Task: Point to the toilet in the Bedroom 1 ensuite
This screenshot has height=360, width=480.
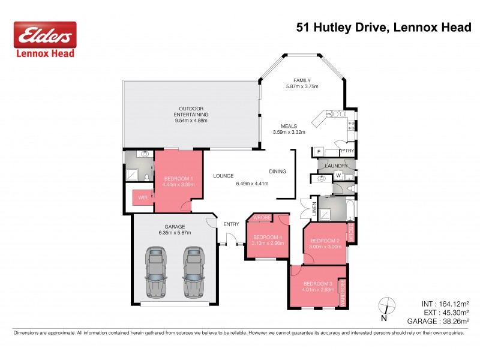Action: pos(146,176)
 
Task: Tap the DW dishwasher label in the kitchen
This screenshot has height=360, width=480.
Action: pos(329,113)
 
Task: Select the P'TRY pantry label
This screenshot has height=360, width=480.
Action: pos(347,152)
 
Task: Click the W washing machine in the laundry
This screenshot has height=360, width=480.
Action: pos(338,175)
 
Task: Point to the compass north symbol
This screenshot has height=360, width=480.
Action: pos(388,306)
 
